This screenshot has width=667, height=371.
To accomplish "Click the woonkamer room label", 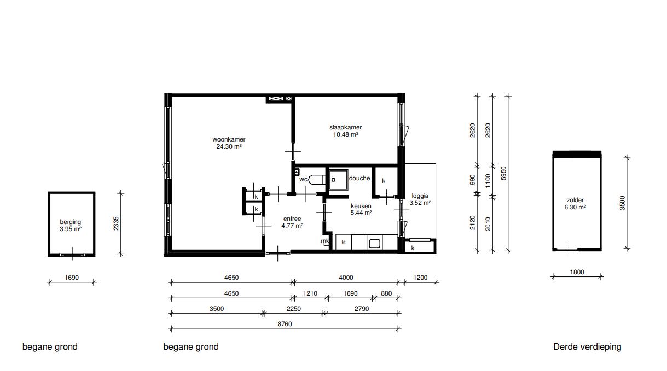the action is pos(229,139).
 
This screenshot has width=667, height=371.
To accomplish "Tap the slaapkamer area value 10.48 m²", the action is pos(345,134).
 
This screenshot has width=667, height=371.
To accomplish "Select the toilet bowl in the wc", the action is pos(316,180).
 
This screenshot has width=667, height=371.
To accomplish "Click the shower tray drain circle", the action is pos(334,180).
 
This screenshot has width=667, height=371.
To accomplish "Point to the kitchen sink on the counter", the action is pos(374,244).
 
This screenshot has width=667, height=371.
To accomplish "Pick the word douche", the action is pos(359,178).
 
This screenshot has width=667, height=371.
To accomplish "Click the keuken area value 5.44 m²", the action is pos(361,213).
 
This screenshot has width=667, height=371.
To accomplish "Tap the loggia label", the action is pos(420,196).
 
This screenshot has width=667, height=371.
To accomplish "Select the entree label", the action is pos(292,219).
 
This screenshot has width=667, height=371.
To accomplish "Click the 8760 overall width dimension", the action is pos(285,324).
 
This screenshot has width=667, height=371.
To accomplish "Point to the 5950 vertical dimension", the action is pos(503,173).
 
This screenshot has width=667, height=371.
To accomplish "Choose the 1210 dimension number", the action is pos(310,293).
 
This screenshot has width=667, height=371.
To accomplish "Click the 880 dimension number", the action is pos(386,293).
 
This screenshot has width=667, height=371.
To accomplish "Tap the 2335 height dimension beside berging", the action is pos(116,223).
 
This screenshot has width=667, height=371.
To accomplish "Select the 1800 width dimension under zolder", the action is pos(577,272).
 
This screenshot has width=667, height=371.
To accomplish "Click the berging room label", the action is pos(70,222).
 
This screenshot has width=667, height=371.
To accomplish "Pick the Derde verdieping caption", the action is pos(587,347).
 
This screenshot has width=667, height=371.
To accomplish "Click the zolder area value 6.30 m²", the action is pos(575,207).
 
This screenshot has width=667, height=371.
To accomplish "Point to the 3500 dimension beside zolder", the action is pos(622,203).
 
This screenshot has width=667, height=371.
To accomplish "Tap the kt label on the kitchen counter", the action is pos(343,242).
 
